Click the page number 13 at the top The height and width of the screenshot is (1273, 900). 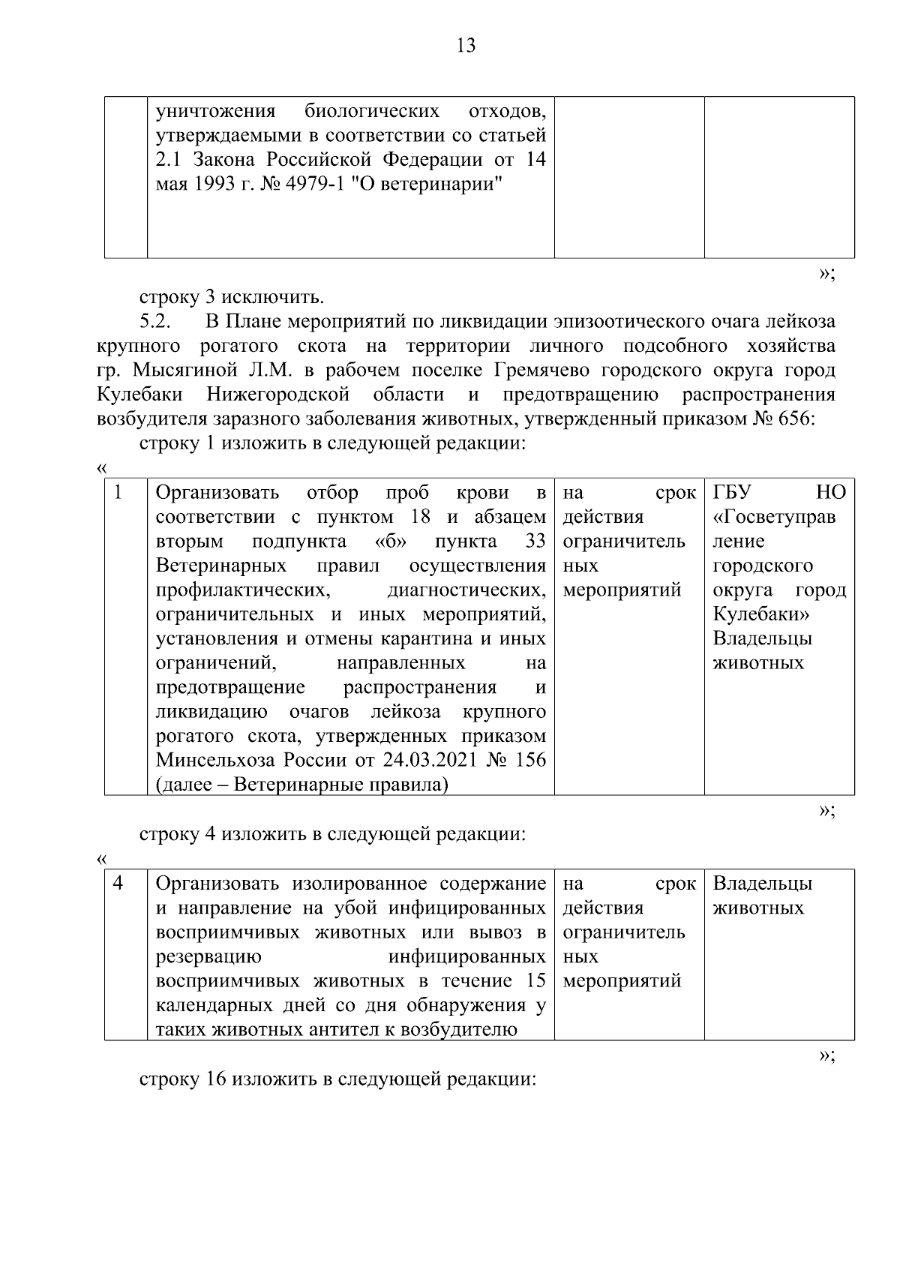(465, 46)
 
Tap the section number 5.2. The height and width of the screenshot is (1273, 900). (156, 322)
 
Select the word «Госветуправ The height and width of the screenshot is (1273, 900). (774, 518)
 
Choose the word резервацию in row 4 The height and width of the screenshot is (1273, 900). (208, 957)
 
